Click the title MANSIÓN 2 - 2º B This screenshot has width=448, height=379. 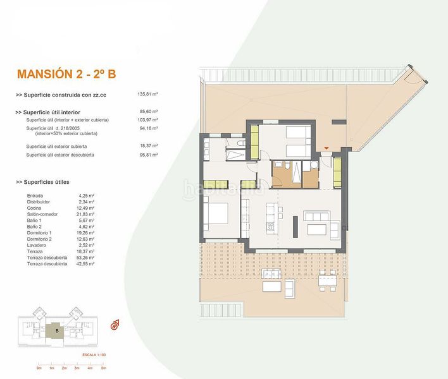(x=66, y=75)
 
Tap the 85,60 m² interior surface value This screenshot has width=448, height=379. (x=147, y=112)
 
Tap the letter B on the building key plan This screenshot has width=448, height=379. (x=57, y=330)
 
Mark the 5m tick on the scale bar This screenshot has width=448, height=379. (x=103, y=367)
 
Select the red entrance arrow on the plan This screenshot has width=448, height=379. (x=326, y=148)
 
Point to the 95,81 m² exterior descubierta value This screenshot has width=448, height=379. (x=147, y=155)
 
